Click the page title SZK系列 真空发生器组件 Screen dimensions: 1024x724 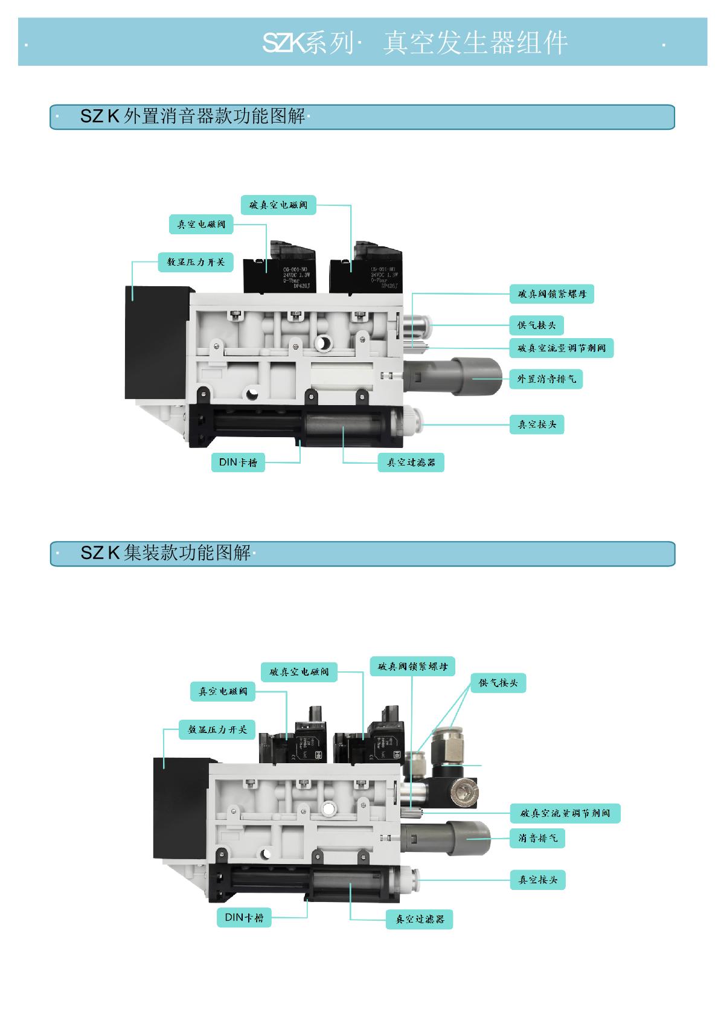[415, 43]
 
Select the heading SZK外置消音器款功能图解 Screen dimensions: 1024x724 [193, 116]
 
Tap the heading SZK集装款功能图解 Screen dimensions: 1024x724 [165, 552]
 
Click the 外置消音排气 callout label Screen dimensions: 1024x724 [546, 379]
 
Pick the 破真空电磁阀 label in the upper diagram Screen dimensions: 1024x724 [278, 205]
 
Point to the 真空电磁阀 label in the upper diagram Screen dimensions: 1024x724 [201, 225]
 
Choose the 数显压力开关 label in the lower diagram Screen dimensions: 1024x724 [217, 729]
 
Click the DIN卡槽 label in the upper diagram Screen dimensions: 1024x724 [238, 462]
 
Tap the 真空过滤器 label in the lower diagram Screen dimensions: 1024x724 [420, 919]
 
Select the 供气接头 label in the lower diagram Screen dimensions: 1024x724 [498, 683]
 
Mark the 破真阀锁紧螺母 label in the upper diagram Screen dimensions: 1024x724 [552, 295]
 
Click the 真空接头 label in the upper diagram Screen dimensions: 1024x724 [537, 424]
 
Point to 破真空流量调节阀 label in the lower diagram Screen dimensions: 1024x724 [565, 813]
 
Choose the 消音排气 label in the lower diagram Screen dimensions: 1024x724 [537, 838]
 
